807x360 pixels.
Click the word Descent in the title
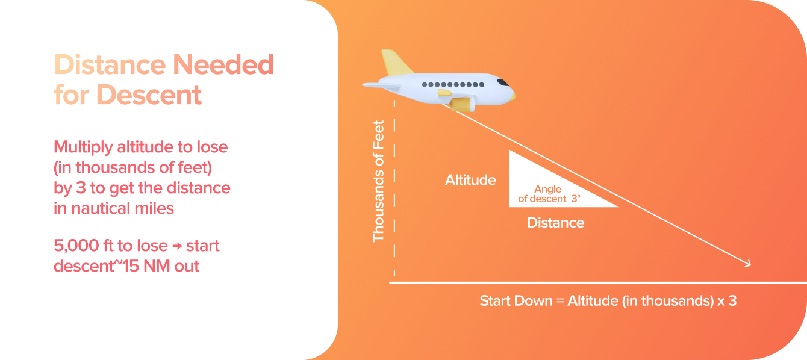pyautogui.click(x=149, y=95)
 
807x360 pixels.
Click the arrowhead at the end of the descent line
pyautogui.click(x=747, y=263)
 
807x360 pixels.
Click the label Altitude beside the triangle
pyautogui.click(x=470, y=180)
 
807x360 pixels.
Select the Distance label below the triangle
pyautogui.click(x=555, y=223)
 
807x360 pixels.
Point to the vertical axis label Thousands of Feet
pyautogui.click(x=378, y=181)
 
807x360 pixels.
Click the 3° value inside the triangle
pyautogui.click(x=576, y=199)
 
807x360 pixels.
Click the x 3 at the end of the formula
pyautogui.click(x=727, y=301)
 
